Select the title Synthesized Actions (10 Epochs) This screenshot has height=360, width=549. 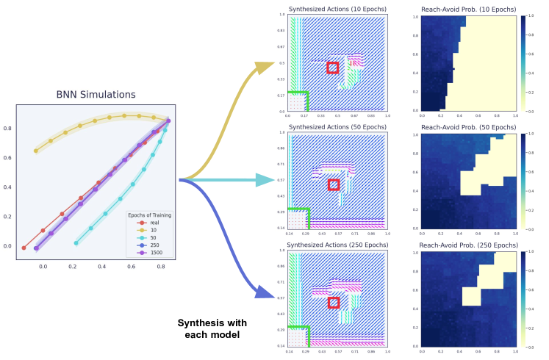[x=337, y=9]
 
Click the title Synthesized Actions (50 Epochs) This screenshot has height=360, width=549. [x=337, y=127]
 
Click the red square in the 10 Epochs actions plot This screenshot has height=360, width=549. [x=332, y=68]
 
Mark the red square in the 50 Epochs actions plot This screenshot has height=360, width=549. [x=334, y=184]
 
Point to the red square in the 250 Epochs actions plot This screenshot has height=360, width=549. [x=334, y=302]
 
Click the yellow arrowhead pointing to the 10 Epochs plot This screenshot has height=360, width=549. [x=262, y=67]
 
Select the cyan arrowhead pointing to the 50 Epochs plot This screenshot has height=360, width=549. [x=263, y=180]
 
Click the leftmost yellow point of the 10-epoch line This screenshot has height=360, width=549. [x=36, y=151]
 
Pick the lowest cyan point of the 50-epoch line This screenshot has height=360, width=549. [x=76, y=242]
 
